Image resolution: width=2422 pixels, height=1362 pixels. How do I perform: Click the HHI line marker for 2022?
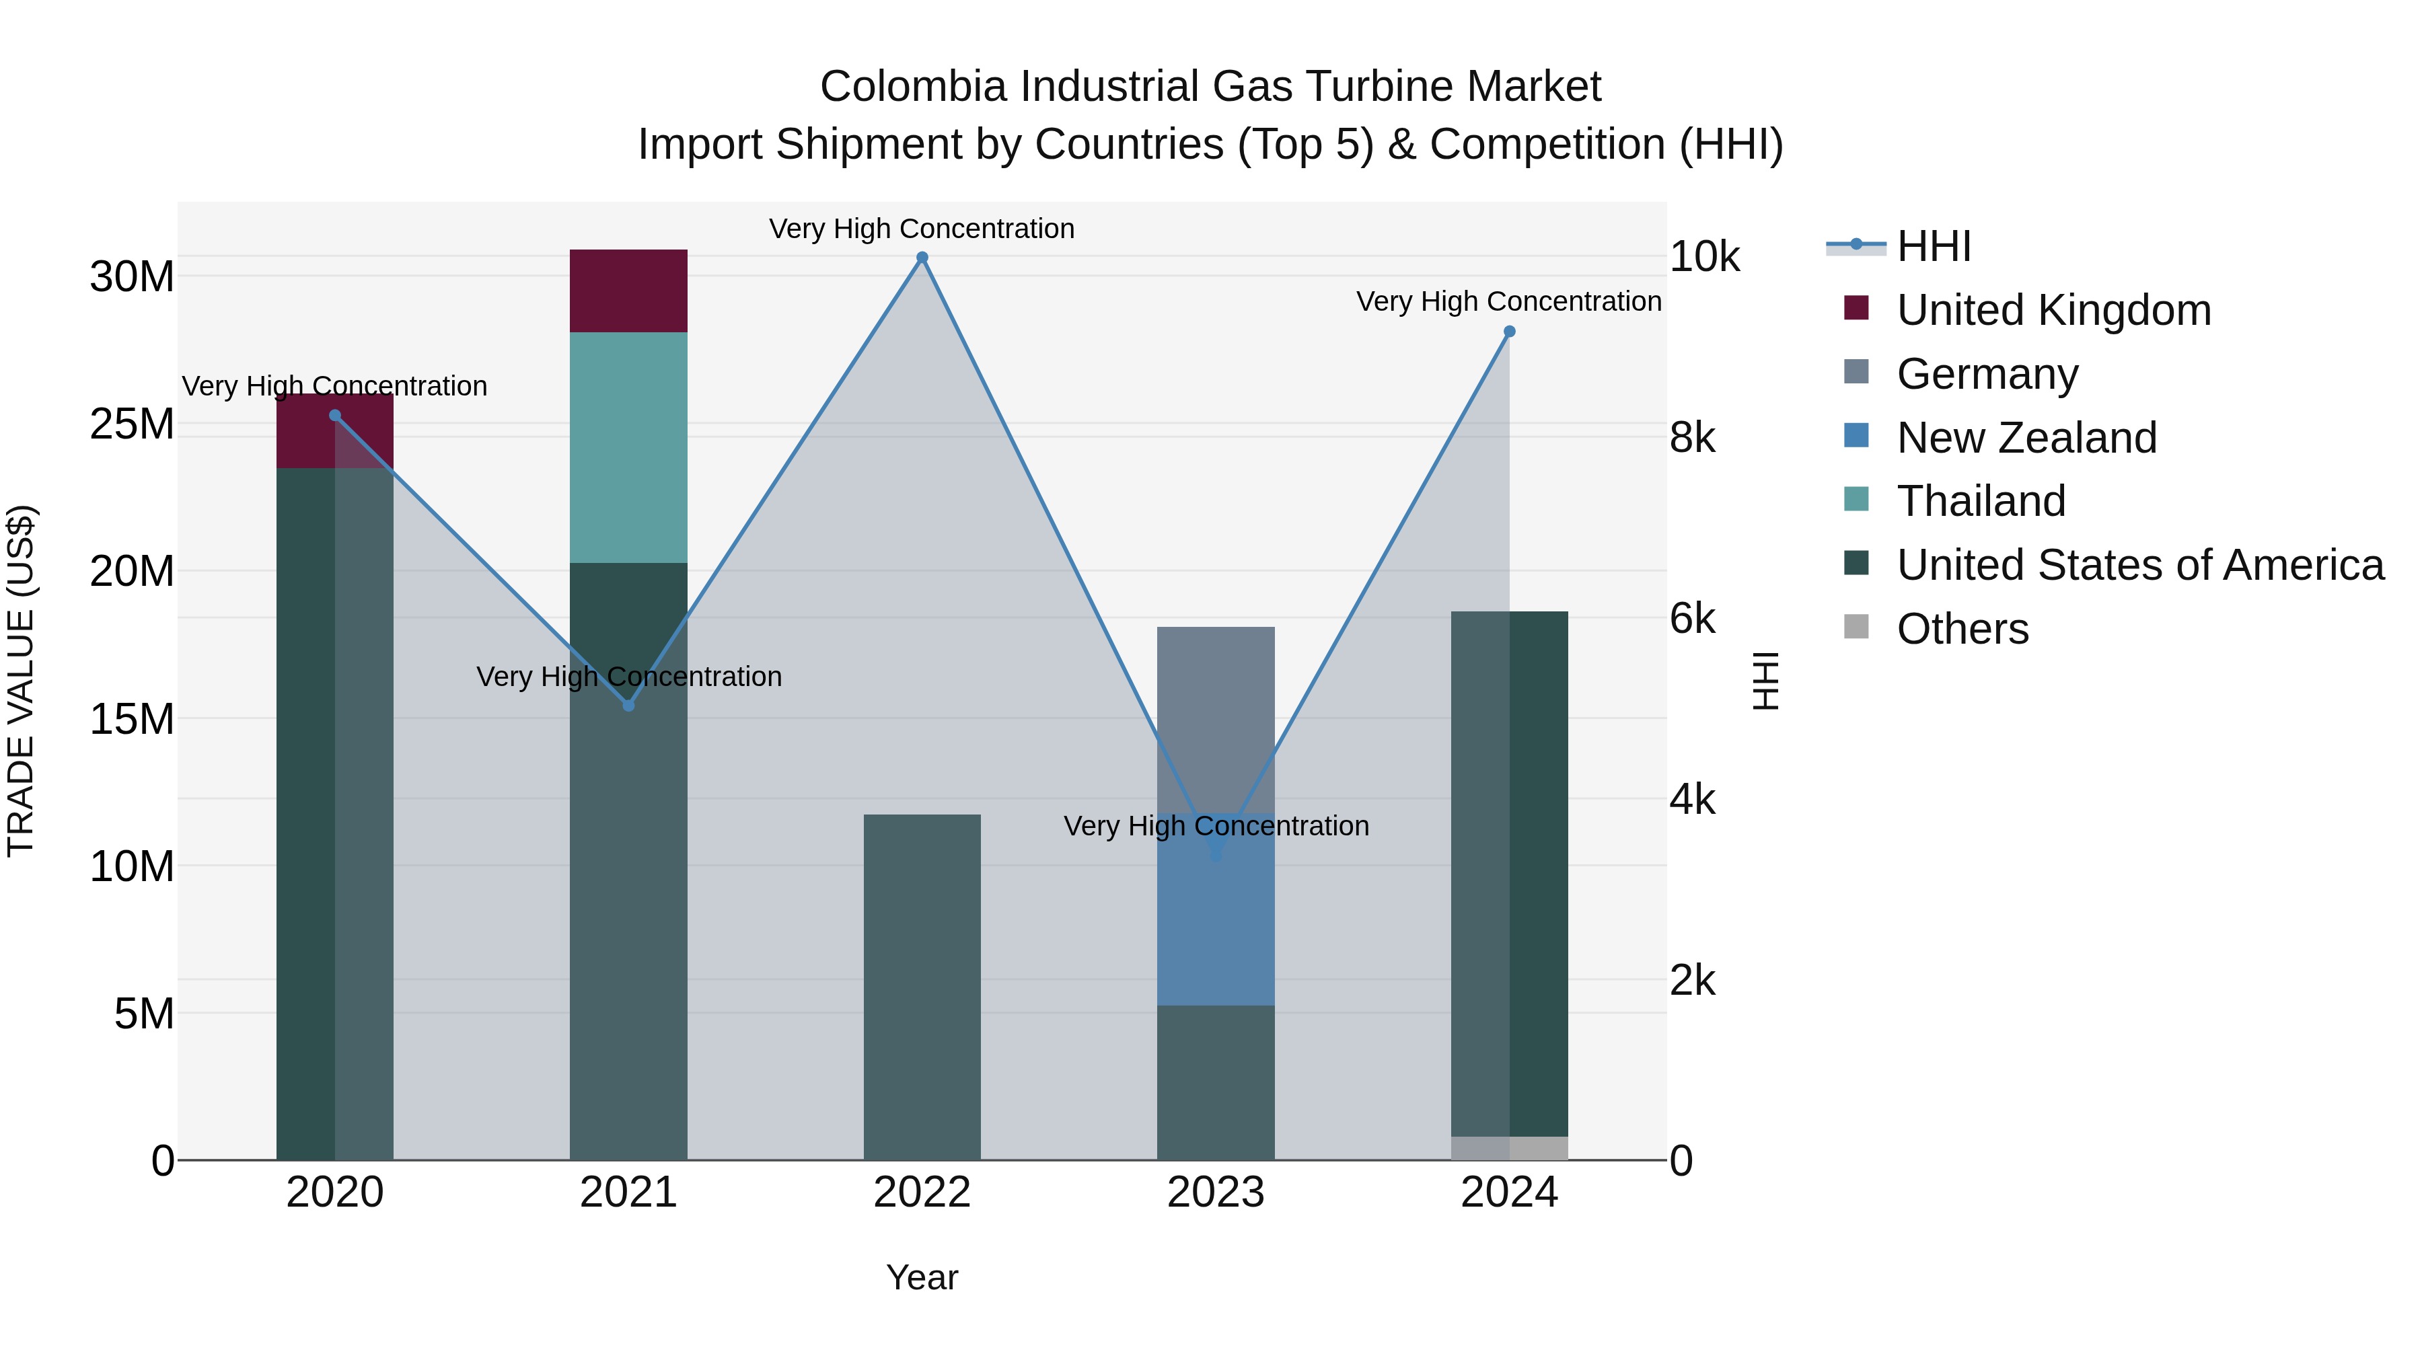pos(922,258)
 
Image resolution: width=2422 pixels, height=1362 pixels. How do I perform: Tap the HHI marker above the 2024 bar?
pos(1509,332)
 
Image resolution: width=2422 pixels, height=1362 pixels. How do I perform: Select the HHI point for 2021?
pos(629,705)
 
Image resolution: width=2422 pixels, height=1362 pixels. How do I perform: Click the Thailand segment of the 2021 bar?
pos(628,447)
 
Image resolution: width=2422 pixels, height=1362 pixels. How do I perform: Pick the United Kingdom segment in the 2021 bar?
pos(628,291)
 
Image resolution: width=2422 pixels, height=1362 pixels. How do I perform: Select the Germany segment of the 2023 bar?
pos(1215,719)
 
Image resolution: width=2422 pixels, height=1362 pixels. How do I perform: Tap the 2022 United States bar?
pos(922,987)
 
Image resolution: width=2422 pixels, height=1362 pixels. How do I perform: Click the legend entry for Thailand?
pos(1981,501)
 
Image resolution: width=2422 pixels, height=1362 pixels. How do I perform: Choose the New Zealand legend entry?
pos(2026,438)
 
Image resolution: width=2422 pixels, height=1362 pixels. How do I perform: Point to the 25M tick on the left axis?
pos(132,424)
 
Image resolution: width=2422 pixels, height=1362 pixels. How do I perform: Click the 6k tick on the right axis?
pos(1693,619)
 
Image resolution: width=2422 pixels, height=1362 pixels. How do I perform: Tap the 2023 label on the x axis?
pos(1215,1193)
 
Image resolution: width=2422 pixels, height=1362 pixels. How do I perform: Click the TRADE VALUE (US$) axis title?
pos(21,681)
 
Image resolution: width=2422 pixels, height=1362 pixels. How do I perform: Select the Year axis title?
pos(922,1277)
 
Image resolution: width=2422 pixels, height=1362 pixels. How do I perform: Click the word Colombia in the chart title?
pos(913,87)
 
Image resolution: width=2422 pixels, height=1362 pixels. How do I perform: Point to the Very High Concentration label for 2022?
pos(922,229)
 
